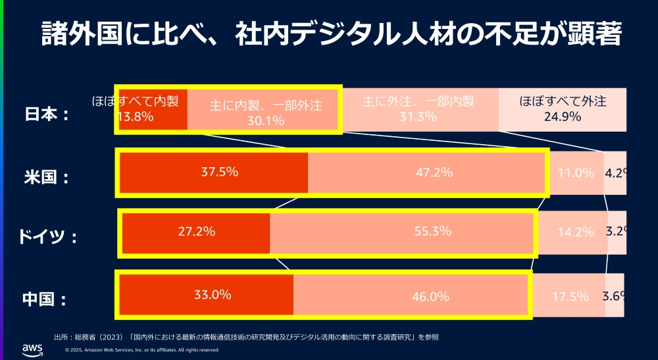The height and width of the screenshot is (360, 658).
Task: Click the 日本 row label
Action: coord(46,114)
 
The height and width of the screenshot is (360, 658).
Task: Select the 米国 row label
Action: coord(46,177)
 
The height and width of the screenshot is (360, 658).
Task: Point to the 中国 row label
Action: coord(46,299)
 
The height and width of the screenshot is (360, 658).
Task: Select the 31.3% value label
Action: coord(418,116)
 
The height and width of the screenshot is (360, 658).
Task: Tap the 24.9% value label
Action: coord(562,116)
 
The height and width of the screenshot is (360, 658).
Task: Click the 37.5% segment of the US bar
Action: coord(219,172)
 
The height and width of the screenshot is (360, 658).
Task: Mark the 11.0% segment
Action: coord(576,173)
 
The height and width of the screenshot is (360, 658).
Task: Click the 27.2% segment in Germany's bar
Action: coord(197,232)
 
